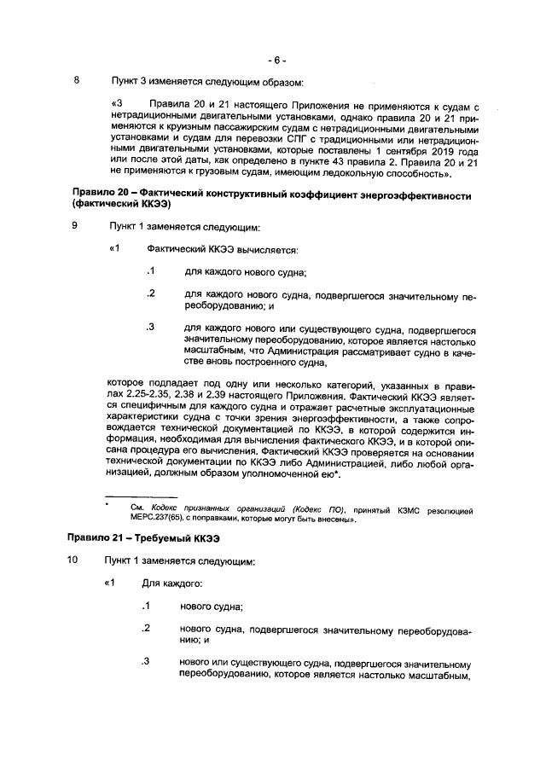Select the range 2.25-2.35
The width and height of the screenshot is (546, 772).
[x=154, y=397]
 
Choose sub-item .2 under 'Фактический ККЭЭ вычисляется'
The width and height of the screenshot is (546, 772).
[x=150, y=293]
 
